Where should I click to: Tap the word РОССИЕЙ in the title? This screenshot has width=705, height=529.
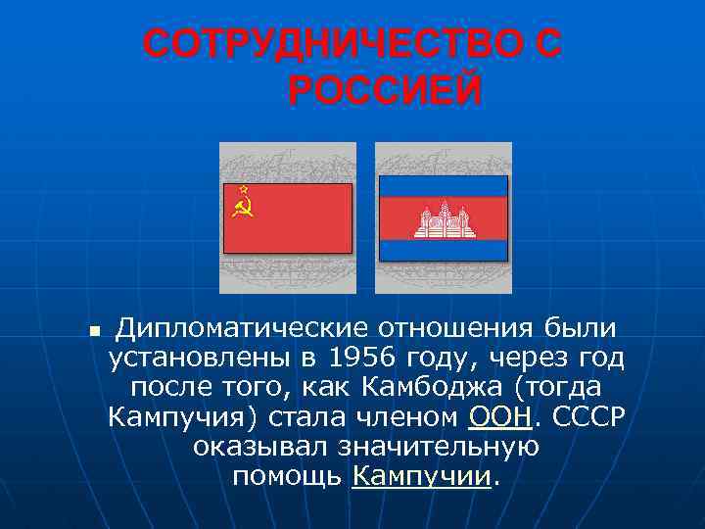point(385,92)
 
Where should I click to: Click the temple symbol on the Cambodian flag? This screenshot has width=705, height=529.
point(444,219)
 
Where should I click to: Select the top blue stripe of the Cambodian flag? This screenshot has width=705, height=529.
point(444,186)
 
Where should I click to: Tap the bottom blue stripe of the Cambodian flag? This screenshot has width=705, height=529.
point(444,251)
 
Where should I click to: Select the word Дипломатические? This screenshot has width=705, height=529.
point(241,327)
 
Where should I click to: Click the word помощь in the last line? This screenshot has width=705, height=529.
point(287,477)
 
